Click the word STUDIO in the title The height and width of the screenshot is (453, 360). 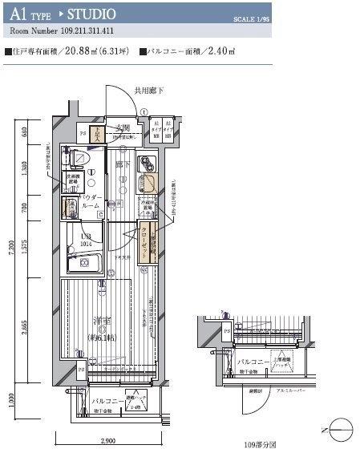(x=93, y=14)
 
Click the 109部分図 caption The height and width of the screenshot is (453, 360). (x=261, y=442)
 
